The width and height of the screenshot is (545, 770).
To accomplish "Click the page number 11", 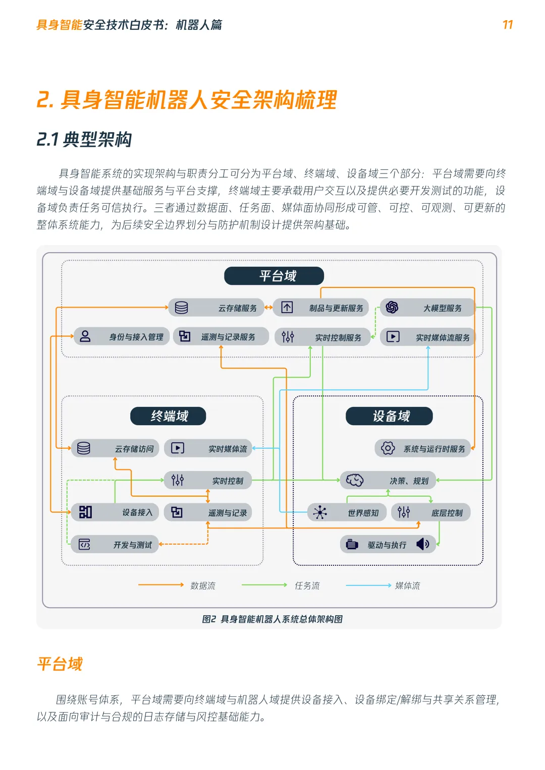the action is point(508,25).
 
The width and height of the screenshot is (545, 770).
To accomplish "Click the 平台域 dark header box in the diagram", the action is point(274,276).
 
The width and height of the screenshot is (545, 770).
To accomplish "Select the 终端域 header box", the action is point(168,416).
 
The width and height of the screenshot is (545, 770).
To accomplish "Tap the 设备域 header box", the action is point(389,416).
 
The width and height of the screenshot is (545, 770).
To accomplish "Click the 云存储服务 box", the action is point(216,308).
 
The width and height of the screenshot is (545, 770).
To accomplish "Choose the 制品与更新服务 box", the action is point(320,308).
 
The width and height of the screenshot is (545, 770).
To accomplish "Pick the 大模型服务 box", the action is point(427,308).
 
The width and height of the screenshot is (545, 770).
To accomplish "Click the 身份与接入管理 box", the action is point(121,336).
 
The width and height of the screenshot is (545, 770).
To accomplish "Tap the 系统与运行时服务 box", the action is point(422,448).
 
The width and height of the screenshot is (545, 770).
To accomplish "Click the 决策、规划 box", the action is point(388,481).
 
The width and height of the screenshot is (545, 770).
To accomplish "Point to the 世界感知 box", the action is point(347,512).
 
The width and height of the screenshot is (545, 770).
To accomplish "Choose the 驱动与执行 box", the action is point(388,545).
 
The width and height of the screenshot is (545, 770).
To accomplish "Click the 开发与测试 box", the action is point(115,545).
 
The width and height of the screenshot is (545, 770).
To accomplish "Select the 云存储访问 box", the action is point(115,448).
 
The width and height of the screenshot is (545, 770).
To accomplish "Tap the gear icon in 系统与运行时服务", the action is point(388,448).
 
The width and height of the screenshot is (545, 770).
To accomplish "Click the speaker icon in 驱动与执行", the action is point(423,544).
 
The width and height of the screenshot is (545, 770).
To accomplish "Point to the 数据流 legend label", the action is point(203,585).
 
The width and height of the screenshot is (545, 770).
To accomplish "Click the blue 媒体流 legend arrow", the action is point(368,585).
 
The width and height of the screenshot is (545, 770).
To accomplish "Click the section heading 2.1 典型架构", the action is point(84,139).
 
